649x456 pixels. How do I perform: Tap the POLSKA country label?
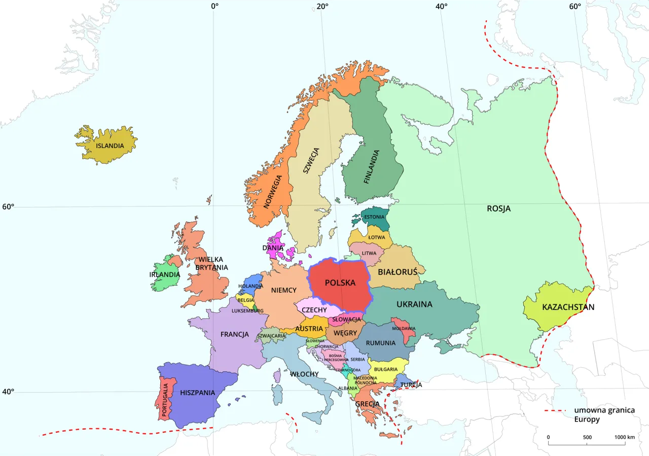pos(340,283)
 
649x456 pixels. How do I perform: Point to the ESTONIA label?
pos(374,217)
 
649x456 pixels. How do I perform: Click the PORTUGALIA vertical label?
pos(165,399)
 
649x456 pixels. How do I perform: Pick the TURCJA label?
pos(411,385)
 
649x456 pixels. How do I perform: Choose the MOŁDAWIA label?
pos(404,328)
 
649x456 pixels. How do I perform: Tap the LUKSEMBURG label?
pos(247,310)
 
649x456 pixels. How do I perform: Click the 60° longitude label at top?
pos(575,7)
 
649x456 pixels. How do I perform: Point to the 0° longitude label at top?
pos(214,7)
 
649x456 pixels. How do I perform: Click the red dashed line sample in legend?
pos(555,410)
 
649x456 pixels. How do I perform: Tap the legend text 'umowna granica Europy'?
pos(604,415)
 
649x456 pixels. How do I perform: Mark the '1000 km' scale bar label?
pos(624,437)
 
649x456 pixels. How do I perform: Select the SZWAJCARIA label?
pos(271,336)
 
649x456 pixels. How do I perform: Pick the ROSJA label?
pos(498,208)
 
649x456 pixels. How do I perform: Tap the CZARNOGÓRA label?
pos(348,370)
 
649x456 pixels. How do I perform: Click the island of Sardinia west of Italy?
pos(277,394)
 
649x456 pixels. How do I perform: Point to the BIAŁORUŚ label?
pos(398,271)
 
